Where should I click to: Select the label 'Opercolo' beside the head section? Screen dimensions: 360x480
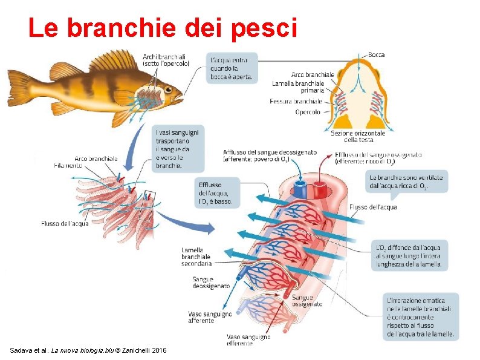pos(308,111)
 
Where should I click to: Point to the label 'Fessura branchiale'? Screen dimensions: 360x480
pos(296,101)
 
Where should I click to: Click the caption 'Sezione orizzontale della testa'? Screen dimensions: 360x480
pos(358,136)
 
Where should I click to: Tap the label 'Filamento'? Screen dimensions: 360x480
pos(67,165)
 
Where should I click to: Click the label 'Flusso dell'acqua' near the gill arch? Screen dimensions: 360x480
pos(65,223)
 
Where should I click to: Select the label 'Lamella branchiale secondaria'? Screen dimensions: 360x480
pos(196,257)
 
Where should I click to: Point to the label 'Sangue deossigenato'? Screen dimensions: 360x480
pos(210,283)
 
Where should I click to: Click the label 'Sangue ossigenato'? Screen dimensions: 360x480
pos(302,301)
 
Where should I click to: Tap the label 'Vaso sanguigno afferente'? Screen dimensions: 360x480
pos(209,317)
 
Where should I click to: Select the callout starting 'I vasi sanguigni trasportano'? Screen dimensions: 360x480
pos(177,148)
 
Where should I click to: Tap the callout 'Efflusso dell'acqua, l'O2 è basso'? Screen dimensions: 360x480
pos(216,193)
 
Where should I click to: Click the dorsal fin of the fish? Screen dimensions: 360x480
pos(115,61)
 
